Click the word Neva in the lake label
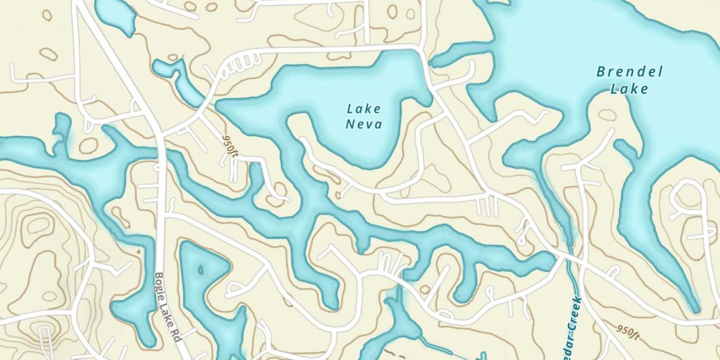click(364, 125)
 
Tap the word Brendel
click(629, 73)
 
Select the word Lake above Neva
click(364, 109)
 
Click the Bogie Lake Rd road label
click(167, 307)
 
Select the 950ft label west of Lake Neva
click(229, 144)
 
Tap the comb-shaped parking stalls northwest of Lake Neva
click(242, 62)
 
